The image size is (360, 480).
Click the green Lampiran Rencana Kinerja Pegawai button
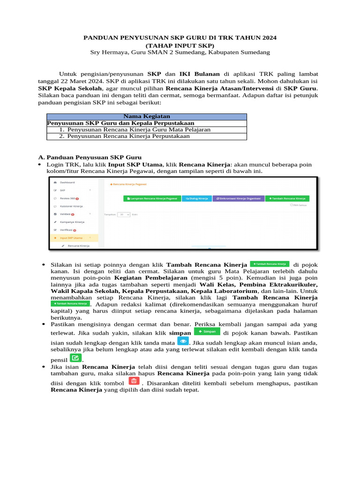click(151, 198)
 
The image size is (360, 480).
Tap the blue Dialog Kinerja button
click(196, 198)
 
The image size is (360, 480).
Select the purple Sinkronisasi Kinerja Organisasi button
click(238, 198)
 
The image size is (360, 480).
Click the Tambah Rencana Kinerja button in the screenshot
click(287, 198)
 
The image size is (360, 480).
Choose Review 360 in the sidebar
click(67, 198)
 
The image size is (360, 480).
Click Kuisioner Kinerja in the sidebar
click(71, 206)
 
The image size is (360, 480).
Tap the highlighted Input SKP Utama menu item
click(71, 238)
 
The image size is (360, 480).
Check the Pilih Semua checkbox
click(292, 205)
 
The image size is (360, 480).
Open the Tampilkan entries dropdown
click(124, 214)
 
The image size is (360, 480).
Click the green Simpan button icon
click(207, 331)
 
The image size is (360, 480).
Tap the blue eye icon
click(183, 341)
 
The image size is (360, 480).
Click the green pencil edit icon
click(75, 359)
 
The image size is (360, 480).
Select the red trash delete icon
click(134, 381)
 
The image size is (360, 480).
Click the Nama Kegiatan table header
click(146, 116)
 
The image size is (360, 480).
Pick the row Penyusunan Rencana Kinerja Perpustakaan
click(128, 136)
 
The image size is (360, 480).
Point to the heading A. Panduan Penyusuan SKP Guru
click(89, 157)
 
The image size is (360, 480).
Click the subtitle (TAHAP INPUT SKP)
click(180, 45)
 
